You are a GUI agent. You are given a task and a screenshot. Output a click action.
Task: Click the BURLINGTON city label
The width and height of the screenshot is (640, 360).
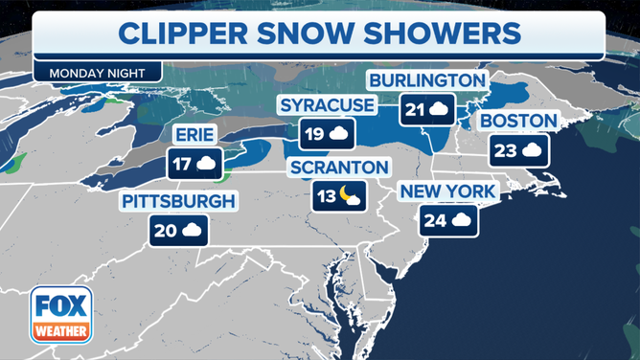click(x=427, y=79)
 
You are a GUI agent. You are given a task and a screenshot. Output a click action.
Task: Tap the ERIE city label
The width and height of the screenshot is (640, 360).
click(x=195, y=133)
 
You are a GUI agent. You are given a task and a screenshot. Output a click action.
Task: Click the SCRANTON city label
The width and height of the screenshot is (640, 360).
click(x=340, y=168)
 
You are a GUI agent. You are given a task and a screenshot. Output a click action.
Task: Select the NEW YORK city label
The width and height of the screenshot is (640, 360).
click(x=447, y=192)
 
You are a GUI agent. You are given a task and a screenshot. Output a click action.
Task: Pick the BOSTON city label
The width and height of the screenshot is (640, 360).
click(x=518, y=121)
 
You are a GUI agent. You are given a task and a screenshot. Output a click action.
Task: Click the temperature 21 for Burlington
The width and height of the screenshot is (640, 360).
click(x=415, y=110)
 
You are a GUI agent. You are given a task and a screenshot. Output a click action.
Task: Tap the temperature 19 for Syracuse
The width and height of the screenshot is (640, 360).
click(x=314, y=134)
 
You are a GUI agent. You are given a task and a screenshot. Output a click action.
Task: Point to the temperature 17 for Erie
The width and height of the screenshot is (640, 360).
click(x=181, y=164)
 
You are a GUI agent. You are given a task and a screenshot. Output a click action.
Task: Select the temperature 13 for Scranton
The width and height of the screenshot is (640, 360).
click(x=327, y=198)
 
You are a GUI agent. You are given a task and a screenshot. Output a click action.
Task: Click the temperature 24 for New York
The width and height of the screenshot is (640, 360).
click(x=435, y=222)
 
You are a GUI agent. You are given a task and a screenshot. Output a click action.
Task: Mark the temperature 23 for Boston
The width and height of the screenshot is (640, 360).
click(x=505, y=150)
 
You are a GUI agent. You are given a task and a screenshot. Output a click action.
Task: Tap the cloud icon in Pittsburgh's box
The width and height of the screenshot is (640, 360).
click(x=192, y=230)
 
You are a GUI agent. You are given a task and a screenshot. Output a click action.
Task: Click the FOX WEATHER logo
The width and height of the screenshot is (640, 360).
click(x=60, y=314)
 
